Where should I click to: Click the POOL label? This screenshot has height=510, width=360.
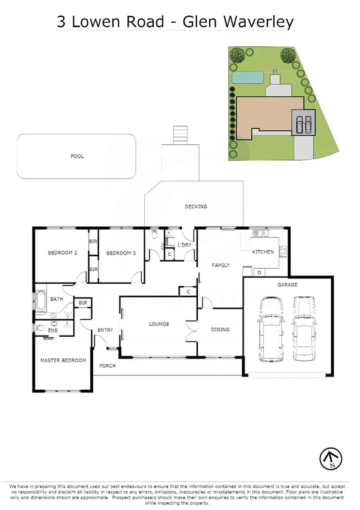click(x=77, y=156)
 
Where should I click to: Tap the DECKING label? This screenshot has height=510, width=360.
click(x=196, y=206)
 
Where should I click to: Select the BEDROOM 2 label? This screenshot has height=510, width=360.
click(x=63, y=253)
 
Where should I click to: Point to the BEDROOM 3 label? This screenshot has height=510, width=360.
click(x=121, y=253)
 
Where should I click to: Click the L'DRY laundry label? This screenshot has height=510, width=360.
click(x=185, y=245)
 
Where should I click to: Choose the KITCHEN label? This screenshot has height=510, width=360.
click(x=263, y=251)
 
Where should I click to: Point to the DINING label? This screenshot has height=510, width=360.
click(x=220, y=329)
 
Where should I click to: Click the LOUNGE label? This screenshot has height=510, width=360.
click(x=159, y=324)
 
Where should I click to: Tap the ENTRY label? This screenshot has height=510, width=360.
click(x=105, y=330)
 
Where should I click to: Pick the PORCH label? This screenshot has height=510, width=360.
click(x=108, y=366)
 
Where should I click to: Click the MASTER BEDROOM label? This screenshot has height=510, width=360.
click(x=63, y=360)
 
